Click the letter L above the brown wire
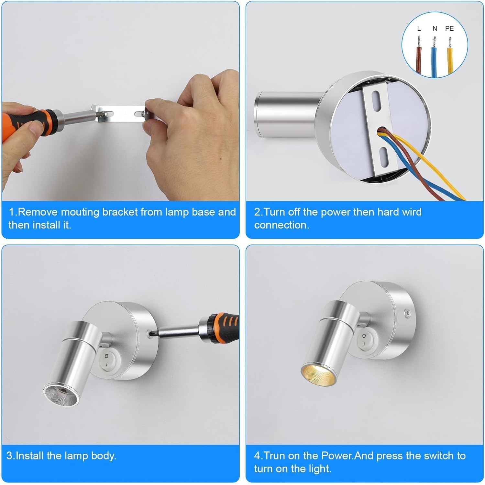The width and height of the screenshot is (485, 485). pos(419,28)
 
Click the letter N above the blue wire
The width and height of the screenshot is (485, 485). pos(435,28)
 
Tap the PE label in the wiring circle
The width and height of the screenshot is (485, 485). pos(449,28)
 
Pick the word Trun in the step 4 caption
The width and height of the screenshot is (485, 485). pos(274,456)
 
